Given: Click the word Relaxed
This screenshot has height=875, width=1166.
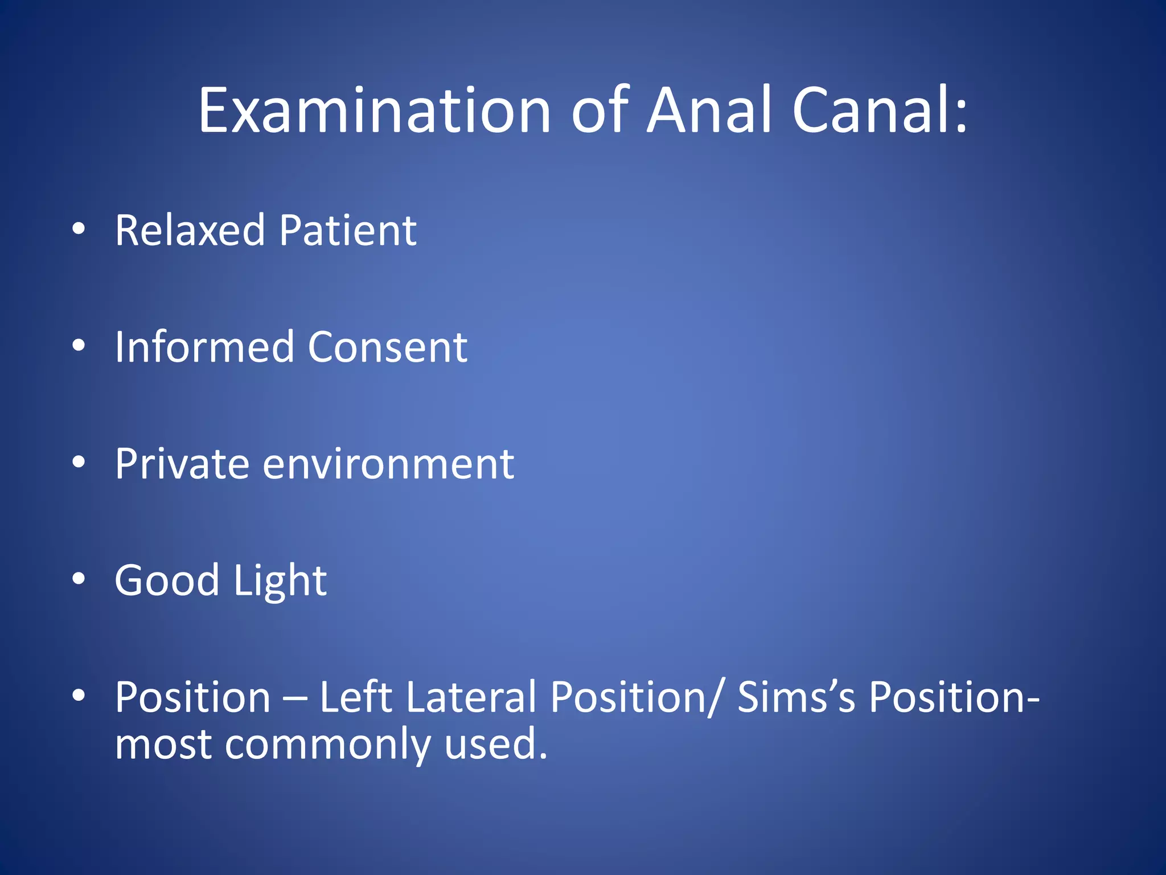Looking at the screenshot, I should pyautogui.click(x=190, y=230).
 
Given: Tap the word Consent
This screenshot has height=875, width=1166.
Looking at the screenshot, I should pyautogui.click(x=387, y=347).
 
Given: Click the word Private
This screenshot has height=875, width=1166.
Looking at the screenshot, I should pyautogui.click(x=182, y=464).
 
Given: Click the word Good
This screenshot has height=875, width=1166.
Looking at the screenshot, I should pyautogui.click(x=167, y=580).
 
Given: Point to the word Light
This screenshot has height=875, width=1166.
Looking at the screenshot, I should pyautogui.click(x=280, y=580).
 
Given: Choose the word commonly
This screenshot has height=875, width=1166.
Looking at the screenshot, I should pyautogui.click(x=327, y=745).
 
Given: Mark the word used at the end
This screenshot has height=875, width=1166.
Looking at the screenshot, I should pyautogui.click(x=495, y=745).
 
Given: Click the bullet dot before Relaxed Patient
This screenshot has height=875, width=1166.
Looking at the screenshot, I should pyautogui.click(x=79, y=229).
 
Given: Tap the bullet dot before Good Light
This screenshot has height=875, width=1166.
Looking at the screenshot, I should pyautogui.click(x=79, y=579).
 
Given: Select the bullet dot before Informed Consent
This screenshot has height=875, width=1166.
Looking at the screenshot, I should pyautogui.click(x=79, y=346).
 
